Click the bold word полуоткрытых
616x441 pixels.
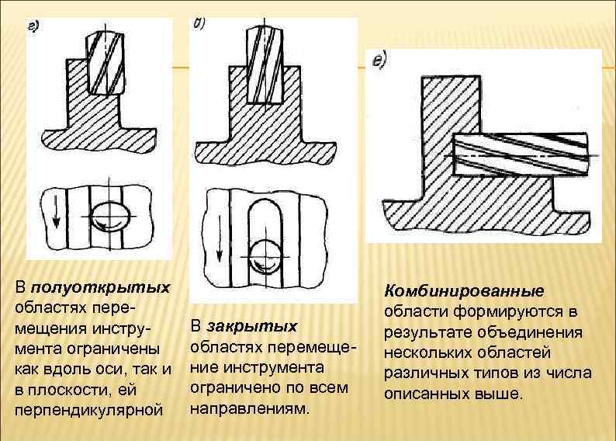coord(100,287)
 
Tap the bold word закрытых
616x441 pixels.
coord(252,327)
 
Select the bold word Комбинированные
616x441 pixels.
coord(465,291)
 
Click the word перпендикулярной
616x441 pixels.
coord(88,411)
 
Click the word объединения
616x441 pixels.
coord(530,332)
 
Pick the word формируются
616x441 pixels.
coord(508,312)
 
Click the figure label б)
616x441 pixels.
coord(199,23)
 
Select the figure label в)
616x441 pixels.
coord(380,60)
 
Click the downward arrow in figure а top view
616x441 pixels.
coord(57,211)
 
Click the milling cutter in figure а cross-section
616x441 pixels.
coord(106,64)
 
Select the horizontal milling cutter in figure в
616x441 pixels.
coord(521,154)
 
